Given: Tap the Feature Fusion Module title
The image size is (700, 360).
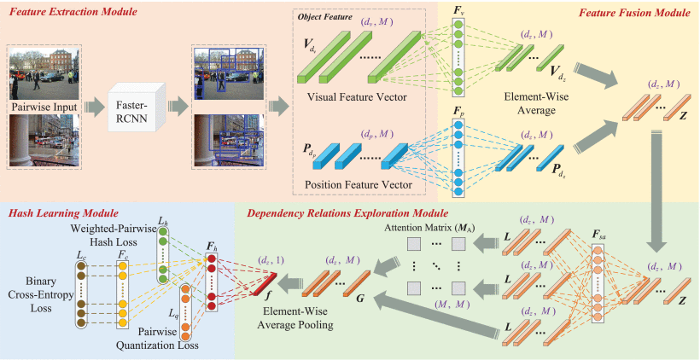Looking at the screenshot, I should point(634,15).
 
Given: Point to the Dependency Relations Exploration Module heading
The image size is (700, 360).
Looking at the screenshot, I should point(347,212).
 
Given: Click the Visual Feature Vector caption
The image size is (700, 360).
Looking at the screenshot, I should point(356,96).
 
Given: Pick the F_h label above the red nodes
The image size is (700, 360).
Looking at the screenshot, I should point(211,247).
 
